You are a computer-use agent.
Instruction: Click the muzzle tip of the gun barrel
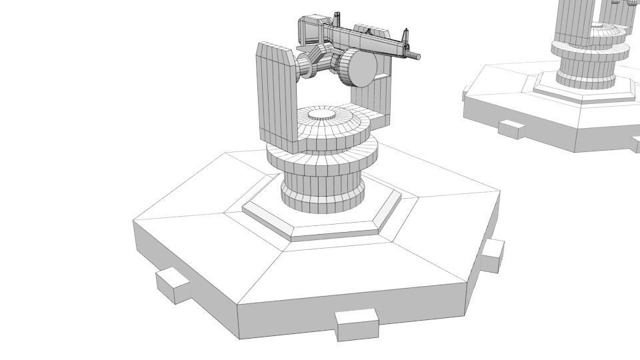419,57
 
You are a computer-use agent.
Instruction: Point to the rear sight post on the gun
337,17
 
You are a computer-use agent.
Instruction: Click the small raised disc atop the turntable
322,115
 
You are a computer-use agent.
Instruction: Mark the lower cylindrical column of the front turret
323,193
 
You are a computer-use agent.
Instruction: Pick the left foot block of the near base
173,285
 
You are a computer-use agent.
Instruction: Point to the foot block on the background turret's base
511,128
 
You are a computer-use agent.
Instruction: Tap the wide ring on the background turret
590,50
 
